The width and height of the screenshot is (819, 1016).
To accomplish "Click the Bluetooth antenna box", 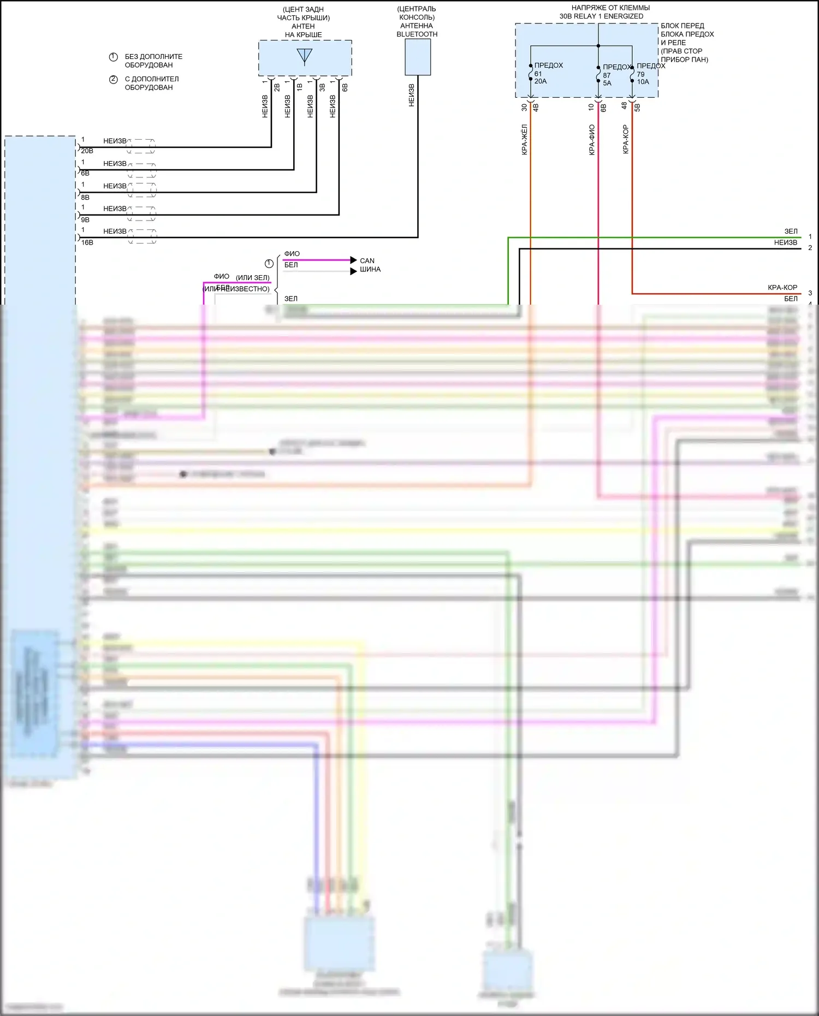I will (x=418, y=57).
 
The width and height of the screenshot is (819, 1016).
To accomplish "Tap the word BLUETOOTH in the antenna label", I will (x=417, y=34).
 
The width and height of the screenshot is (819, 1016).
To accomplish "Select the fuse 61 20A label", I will (x=541, y=78).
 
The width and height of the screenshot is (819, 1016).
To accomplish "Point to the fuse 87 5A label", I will (x=607, y=80).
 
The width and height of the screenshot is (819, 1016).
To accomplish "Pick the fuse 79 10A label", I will (x=643, y=78).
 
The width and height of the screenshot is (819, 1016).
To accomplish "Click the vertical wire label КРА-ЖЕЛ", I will (x=524, y=140).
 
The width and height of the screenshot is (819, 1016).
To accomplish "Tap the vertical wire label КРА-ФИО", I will (x=592, y=140).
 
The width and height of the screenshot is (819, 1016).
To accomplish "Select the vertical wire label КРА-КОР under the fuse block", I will (x=626, y=139).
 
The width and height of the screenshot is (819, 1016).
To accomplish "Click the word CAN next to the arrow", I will (x=367, y=261).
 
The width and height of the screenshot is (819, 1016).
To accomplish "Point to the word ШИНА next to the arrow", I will (x=370, y=270).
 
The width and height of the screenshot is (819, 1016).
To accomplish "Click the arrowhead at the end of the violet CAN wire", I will (x=354, y=260).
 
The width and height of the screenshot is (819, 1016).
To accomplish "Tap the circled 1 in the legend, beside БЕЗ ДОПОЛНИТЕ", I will (x=114, y=57).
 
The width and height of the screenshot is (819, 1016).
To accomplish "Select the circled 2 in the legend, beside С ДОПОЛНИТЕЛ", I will (x=114, y=80).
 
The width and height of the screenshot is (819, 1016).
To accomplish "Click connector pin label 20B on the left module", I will (x=87, y=151).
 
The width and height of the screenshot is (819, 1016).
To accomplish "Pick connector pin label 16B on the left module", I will (x=87, y=242).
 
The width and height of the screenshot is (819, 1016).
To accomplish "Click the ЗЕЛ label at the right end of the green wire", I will (x=791, y=231).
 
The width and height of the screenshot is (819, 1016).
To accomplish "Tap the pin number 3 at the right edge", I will (x=810, y=293).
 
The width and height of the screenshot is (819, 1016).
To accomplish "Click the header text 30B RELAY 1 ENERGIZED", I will (x=601, y=16).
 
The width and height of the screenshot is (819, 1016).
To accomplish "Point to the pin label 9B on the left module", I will (x=85, y=220).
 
